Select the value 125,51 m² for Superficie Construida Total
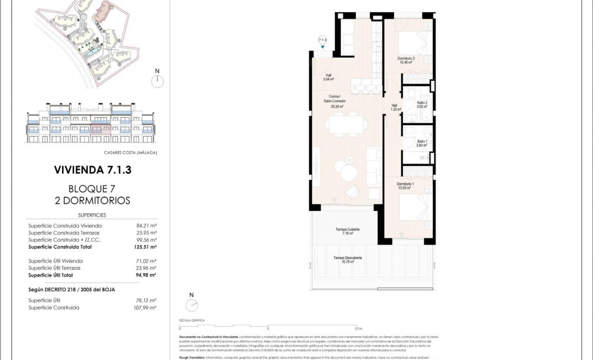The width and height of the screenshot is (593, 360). click(x=146, y=247)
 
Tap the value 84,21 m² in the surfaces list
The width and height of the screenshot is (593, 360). click(x=146, y=225)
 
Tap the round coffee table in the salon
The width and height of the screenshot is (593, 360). click(x=349, y=173)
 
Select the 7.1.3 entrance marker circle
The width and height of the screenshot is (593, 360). click(x=323, y=40)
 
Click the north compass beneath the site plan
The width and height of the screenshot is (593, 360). click(x=157, y=81)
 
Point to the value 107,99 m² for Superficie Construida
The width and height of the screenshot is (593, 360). click(x=146, y=307)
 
